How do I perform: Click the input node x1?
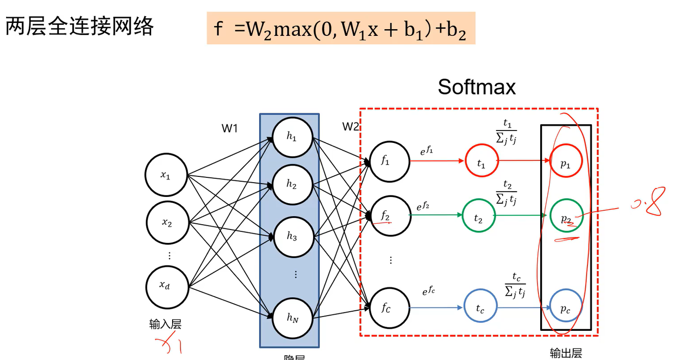(x=165, y=175)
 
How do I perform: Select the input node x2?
(x=166, y=222)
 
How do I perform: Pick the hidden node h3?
(x=292, y=236)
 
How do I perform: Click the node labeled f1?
(x=390, y=162)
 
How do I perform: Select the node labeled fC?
(x=390, y=307)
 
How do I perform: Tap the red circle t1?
(x=481, y=161)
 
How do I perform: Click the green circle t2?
(x=479, y=216)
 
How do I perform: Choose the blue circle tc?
(x=480, y=307)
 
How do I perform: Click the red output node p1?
(x=566, y=161)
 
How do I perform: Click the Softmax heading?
(x=477, y=87)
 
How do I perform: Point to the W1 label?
(x=229, y=128)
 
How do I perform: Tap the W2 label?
(x=350, y=127)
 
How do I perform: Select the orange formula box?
(x=341, y=29)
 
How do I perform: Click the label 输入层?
(x=165, y=325)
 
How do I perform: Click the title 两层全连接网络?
(x=79, y=26)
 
